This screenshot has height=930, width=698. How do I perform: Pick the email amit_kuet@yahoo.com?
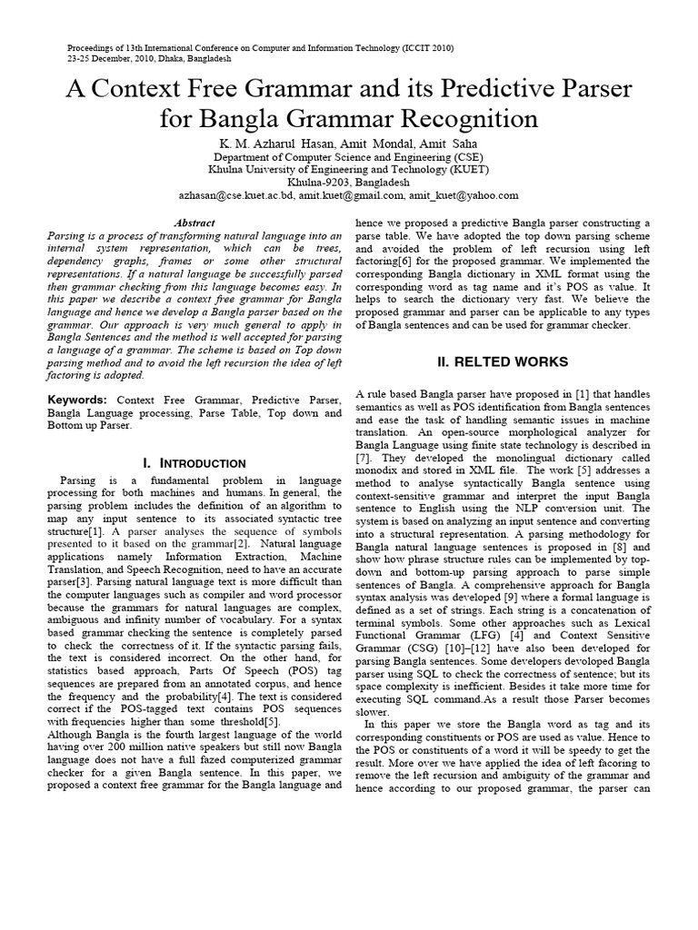pos(464,194)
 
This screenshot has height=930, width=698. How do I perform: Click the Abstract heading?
pos(194,223)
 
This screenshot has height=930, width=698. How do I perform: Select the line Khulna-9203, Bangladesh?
pos(348,182)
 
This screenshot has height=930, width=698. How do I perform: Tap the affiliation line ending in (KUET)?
pos(348,169)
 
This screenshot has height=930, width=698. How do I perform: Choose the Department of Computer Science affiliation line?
pos(348,156)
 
